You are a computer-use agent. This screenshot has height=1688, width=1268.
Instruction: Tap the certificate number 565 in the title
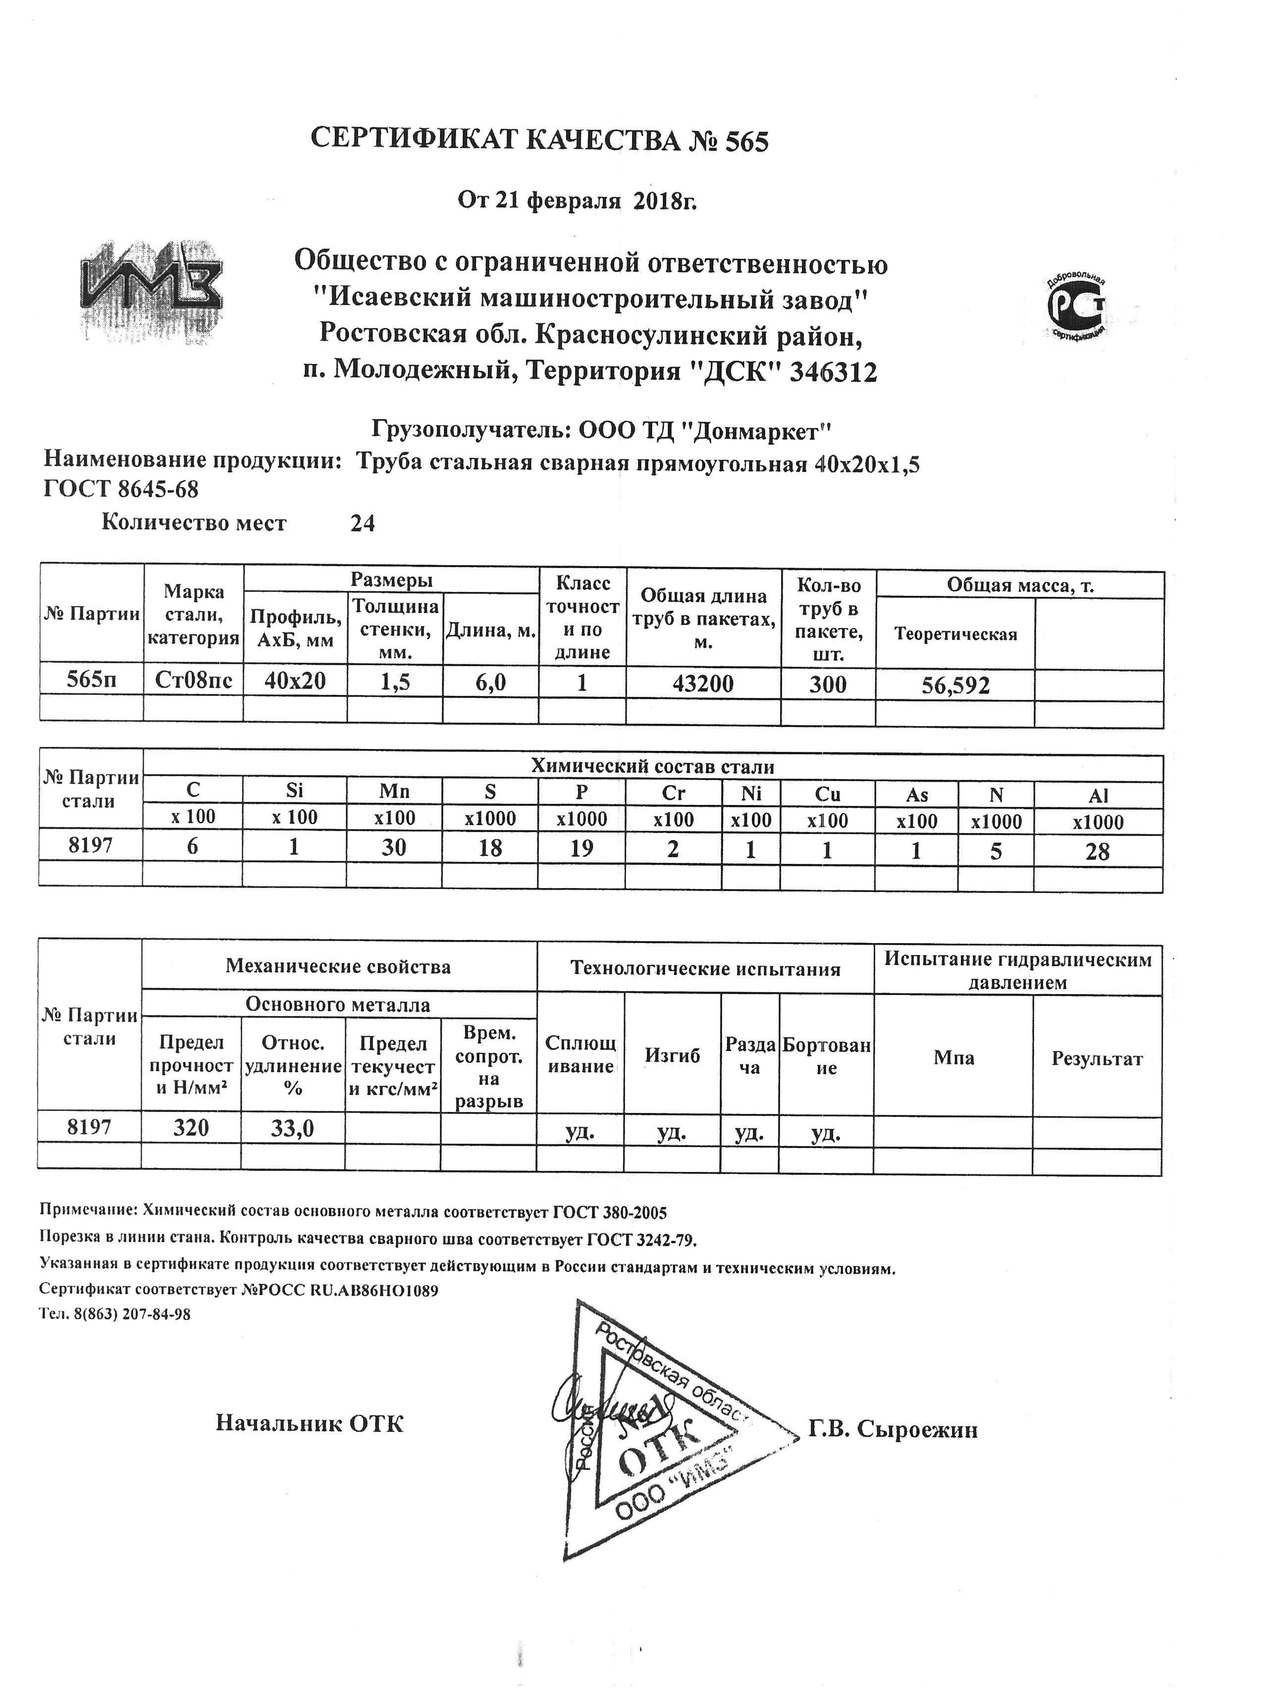746,141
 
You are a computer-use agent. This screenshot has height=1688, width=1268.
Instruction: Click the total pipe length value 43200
703,683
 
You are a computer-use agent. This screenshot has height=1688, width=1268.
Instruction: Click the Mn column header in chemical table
394,792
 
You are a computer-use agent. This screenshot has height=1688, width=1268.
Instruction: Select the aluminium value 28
1097,851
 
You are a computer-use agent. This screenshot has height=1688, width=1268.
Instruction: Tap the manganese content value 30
394,848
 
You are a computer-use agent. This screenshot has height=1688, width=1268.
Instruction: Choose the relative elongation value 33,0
292,1128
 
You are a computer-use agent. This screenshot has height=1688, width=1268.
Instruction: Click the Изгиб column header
672,1055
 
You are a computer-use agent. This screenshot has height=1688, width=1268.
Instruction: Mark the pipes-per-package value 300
828,684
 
